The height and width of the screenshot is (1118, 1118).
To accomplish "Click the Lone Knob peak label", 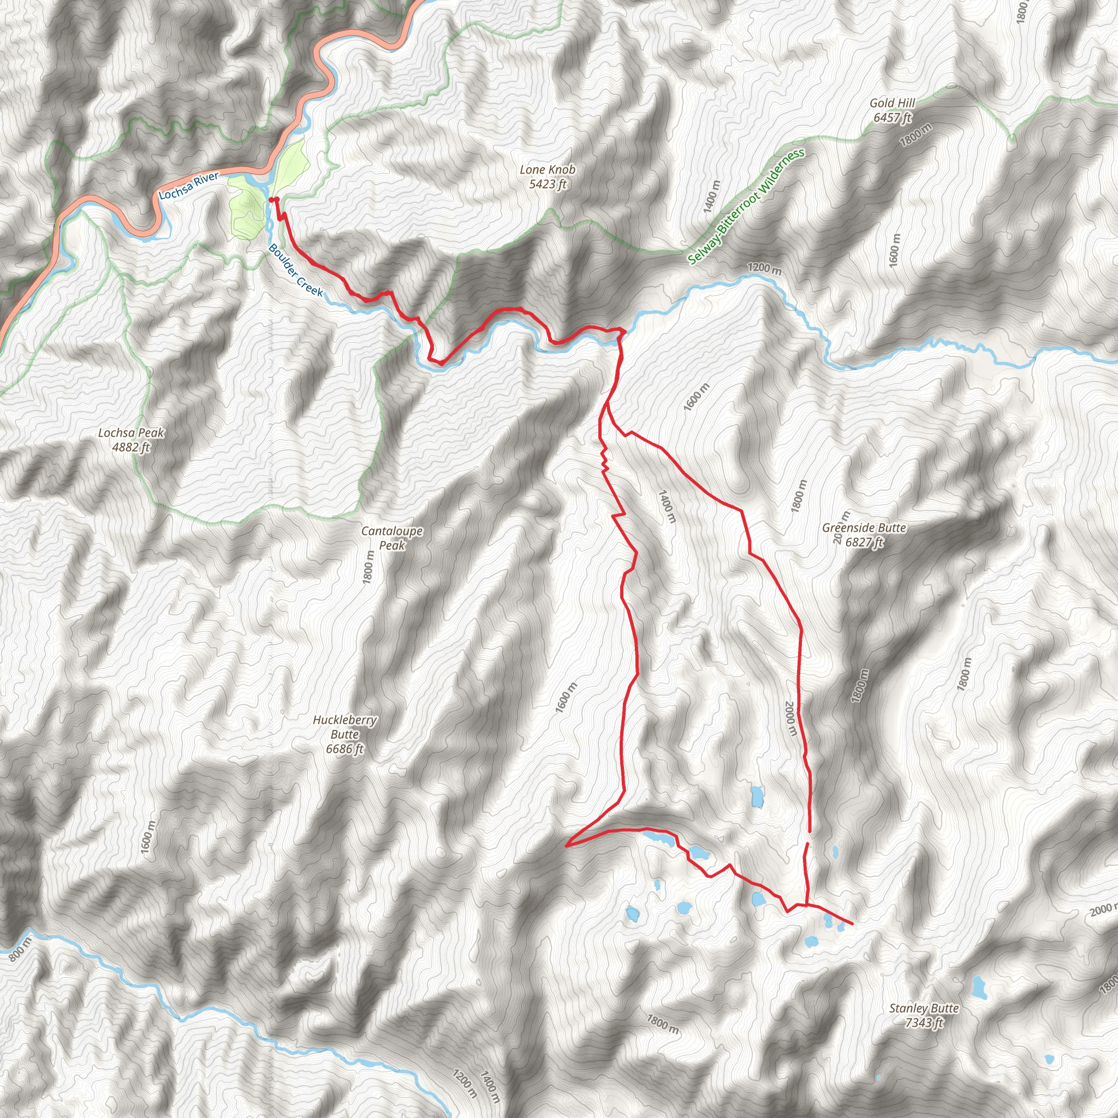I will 547,176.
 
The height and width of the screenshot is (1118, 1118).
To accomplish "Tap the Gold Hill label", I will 893,110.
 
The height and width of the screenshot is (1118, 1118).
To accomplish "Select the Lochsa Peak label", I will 132,440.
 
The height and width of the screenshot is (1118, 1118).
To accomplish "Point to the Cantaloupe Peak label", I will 392,538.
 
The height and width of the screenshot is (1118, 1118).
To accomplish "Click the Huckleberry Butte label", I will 345,734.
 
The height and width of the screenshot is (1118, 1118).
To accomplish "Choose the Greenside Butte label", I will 864,534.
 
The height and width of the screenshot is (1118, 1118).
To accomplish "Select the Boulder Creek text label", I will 295,270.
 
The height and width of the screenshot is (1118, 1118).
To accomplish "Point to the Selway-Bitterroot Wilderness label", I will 746,206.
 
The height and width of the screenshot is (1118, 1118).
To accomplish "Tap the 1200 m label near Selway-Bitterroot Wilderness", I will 764,269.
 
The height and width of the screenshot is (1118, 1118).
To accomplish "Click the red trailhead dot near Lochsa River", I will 270,200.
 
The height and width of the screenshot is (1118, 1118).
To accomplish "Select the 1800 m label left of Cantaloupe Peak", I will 368,568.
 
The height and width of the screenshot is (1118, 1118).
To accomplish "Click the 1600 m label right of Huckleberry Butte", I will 566,697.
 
